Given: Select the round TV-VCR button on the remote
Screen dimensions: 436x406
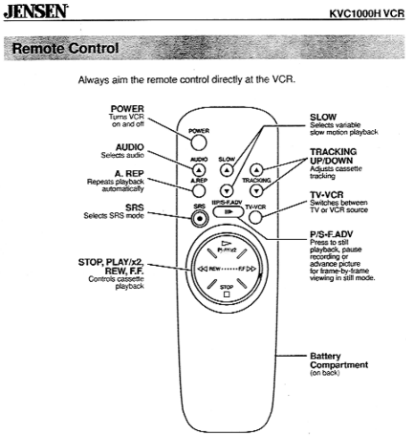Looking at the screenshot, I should click(255, 217).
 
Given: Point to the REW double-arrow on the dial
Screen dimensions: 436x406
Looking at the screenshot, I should click(200, 270).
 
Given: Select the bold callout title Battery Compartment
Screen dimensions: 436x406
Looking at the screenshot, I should click(339, 361).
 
